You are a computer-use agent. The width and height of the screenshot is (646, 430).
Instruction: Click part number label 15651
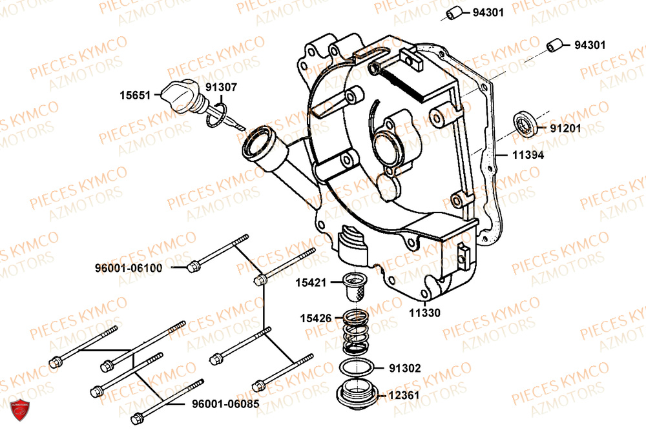click(x=134, y=95)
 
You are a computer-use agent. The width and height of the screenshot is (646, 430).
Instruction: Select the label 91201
click(x=565, y=128)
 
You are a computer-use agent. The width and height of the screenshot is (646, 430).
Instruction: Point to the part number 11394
click(x=528, y=155)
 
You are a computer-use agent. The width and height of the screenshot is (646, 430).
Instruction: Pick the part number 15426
click(x=315, y=318)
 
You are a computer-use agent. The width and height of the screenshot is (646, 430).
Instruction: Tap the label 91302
click(x=405, y=369)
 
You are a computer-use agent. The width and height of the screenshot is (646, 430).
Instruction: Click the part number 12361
click(x=405, y=395)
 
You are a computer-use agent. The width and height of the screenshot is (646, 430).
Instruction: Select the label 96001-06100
click(x=128, y=267)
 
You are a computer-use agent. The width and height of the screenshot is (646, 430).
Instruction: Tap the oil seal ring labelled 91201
click(x=524, y=124)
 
